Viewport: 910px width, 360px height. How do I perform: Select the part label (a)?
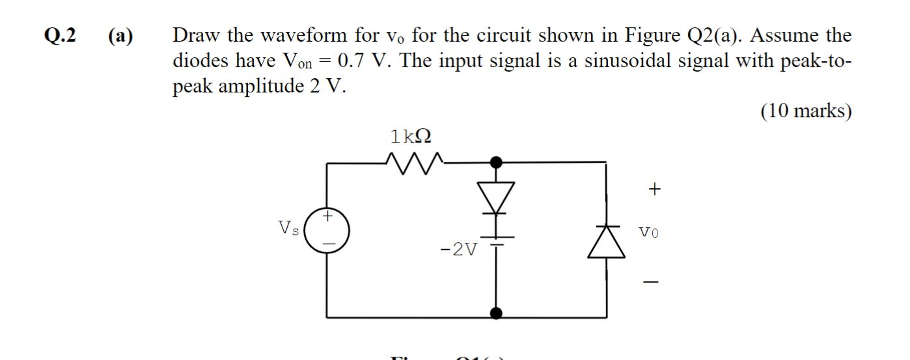pos(119,36)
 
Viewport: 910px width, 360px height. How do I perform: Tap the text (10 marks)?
pos(805,111)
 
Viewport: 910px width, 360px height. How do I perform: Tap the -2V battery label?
pos(460,249)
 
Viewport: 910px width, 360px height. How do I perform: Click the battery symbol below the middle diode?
pos(497,240)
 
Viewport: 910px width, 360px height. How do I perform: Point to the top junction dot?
pos(496,161)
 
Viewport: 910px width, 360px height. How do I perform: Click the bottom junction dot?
pos(496,314)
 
